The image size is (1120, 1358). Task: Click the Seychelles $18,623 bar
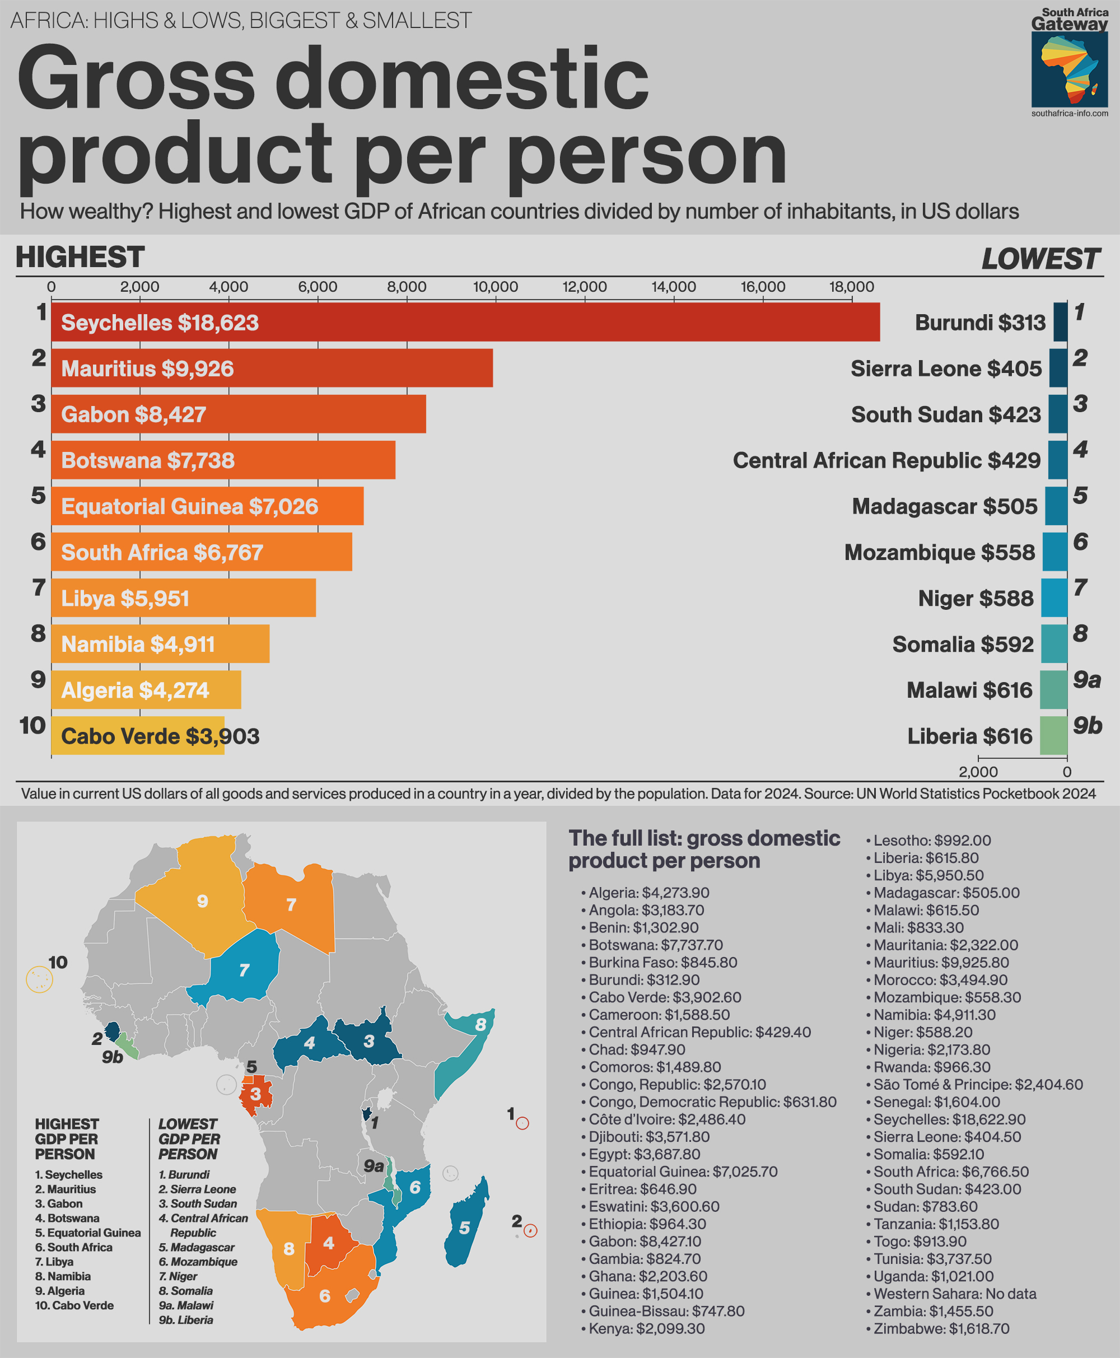pyautogui.click(x=464, y=322)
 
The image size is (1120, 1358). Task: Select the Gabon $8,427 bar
pyautogui.click(x=238, y=414)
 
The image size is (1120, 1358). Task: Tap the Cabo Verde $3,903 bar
pyautogui.click(x=137, y=736)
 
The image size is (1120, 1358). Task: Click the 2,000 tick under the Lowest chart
pyautogui.click(x=978, y=772)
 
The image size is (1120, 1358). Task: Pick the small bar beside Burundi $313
pyautogui.click(x=1060, y=322)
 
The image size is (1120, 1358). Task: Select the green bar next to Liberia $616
pyautogui.click(x=1053, y=736)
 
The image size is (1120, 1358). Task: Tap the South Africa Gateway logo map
pyautogui.click(x=1069, y=69)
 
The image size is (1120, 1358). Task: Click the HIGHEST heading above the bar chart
pyautogui.click(x=80, y=257)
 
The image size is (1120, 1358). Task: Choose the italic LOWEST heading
pyautogui.click(x=1040, y=259)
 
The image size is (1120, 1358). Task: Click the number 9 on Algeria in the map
pyautogui.click(x=203, y=901)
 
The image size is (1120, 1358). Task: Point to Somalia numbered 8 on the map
pyautogui.click(x=480, y=1024)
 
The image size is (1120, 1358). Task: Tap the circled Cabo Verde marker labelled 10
pyautogui.click(x=39, y=979)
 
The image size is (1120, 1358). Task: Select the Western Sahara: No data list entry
pyautogui.click(x=954, y=1294)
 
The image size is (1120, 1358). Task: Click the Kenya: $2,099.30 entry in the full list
pyautogui.click(x=646, y=1328)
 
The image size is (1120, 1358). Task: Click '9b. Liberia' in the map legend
pyautogui.click(x=186, y=1319)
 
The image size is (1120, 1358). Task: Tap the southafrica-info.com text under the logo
pyautogui.click(x=1069, y=114)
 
